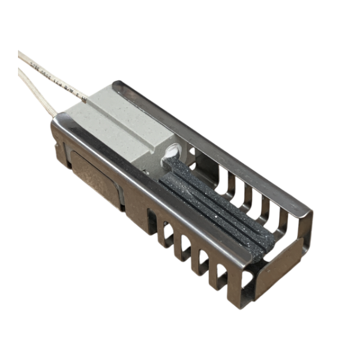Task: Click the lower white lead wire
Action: (x=36, y=90)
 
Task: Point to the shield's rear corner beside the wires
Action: (x=55, y=123)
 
